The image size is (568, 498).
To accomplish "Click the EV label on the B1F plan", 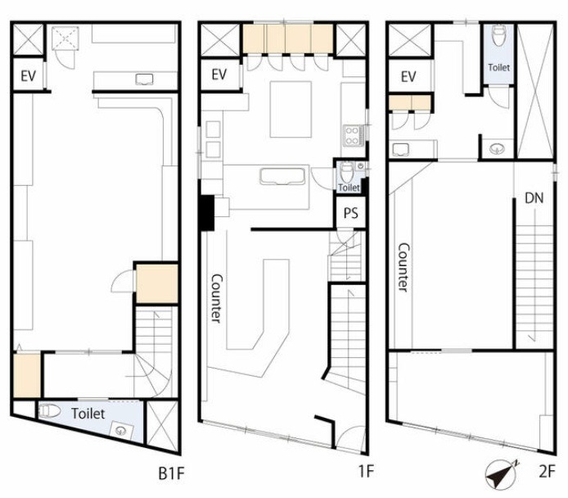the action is [29, 76].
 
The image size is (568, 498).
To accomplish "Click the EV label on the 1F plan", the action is [219, 75].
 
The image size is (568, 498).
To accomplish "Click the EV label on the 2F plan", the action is [408, 76].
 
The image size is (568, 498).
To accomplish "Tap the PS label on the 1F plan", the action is [350, 213].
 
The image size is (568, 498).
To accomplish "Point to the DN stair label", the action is [534, 198].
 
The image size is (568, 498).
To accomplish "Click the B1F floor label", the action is [171, 473].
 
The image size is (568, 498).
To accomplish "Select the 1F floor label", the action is [366, 472].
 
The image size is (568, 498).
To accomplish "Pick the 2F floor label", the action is [547, 472].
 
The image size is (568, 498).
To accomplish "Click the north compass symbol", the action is [501, 474].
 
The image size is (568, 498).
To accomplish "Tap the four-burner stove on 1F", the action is [353, 135].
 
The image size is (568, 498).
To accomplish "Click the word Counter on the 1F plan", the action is [216, 298].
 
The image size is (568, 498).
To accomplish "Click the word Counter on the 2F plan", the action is [403, 267].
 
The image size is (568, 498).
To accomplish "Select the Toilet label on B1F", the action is [88, 414].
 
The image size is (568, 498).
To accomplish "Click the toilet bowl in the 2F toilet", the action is [498, 35].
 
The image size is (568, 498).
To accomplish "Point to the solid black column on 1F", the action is [207, 212].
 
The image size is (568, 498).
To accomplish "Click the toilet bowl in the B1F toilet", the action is [50, 410].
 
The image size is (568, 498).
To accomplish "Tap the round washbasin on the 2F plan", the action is [497, 148].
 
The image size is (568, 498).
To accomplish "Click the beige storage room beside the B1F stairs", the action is [157, 283].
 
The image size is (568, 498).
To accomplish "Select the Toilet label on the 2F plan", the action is [498, 67].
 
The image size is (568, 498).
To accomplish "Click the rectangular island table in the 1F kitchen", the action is [291, 110].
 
